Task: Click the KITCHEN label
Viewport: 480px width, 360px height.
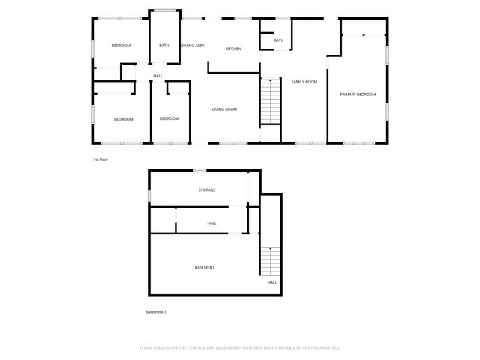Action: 233,49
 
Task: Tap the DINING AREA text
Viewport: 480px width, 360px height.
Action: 193,46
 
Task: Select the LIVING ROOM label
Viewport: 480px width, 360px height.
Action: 224,109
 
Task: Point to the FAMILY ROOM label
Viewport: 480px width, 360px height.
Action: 304,81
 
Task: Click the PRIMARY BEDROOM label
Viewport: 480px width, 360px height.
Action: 358,94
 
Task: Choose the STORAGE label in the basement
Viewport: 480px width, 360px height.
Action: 207,190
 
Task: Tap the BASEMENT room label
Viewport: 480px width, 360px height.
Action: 205,268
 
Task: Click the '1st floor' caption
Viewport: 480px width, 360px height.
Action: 100,160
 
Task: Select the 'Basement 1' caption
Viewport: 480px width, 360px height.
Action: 155,311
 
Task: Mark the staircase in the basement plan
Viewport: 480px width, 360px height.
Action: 269,262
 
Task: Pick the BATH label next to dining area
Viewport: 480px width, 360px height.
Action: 163,46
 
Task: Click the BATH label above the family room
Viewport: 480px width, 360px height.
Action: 279,40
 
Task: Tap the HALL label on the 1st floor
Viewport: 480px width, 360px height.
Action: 157,76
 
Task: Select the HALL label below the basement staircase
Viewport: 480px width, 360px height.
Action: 272,283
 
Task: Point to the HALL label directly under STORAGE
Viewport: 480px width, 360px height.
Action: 212,223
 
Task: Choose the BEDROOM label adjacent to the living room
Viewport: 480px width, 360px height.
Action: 169,118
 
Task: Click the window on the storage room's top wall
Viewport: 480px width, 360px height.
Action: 199,172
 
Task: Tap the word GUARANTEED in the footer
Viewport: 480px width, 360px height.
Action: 323,348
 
